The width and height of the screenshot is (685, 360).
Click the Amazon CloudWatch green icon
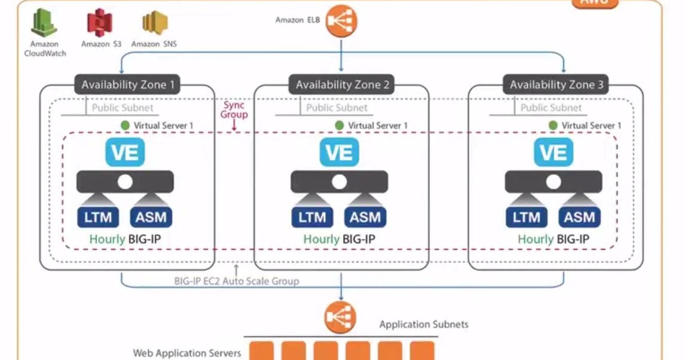44,23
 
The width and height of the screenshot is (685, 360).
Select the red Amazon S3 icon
100,23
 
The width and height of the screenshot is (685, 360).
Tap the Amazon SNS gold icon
154,23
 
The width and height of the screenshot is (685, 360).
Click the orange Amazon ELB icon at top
341,20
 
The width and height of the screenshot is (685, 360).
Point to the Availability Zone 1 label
128,84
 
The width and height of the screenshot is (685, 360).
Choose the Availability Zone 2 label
342,85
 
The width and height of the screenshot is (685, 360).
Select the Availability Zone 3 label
556,85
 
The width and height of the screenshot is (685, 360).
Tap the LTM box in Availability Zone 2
312,217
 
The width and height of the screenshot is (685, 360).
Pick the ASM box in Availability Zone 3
579,217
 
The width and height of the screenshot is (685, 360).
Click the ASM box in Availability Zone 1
151,217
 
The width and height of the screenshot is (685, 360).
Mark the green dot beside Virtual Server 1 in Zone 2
339,126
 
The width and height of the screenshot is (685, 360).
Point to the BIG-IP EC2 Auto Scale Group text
236,280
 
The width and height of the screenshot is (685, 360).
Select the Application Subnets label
424,324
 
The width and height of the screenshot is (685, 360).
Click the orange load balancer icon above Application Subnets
340,318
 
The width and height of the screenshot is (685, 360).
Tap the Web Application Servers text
186,353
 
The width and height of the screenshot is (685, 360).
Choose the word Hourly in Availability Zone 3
536,239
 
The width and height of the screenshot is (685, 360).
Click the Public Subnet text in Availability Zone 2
337,108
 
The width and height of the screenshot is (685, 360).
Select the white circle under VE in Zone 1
125,182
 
